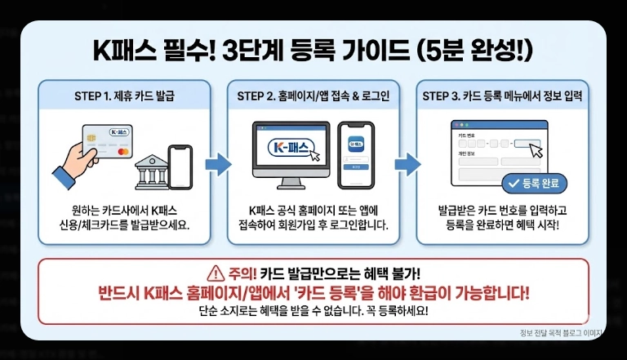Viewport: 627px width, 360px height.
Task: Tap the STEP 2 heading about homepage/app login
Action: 313,96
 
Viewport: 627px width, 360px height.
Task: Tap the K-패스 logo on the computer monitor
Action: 291,149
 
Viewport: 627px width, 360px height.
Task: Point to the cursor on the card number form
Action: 535,149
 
